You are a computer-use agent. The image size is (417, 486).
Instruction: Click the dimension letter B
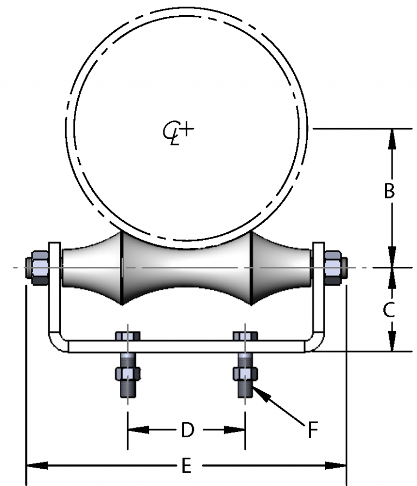tap(389, 191)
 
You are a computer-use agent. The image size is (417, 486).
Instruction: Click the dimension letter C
tap(389, 310)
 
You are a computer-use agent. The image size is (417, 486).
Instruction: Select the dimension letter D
tap(187, 430)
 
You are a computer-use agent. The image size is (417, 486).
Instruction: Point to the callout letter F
tap(313, 430)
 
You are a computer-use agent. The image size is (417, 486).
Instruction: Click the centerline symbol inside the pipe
tap(179, 131)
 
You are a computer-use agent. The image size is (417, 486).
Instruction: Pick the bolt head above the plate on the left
tap(128, 336)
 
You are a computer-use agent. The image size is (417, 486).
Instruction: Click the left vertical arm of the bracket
tap(55, 293)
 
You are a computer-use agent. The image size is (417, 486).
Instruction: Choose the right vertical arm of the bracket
tap(318, 293)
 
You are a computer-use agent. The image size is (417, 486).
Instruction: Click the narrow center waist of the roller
tap(187, 268)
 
